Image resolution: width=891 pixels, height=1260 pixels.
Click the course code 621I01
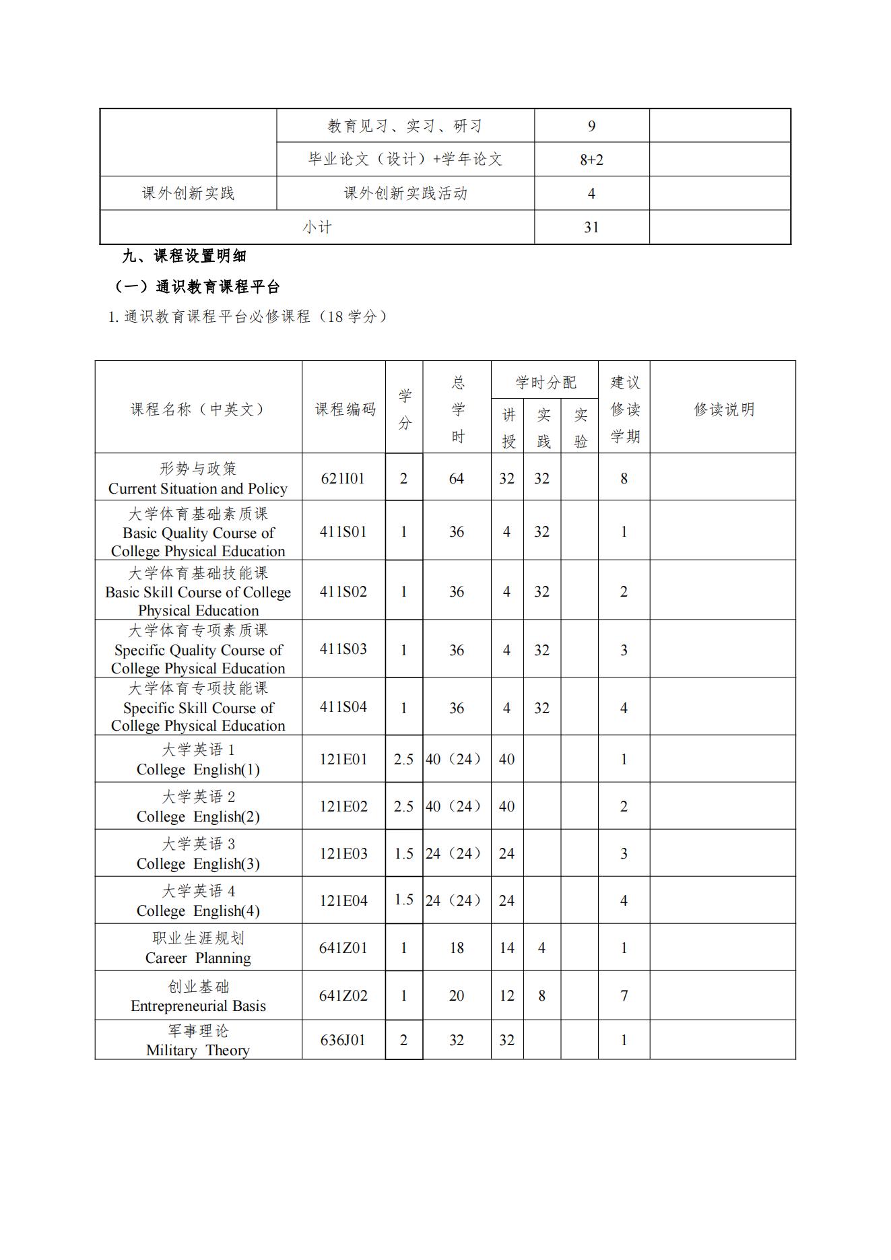point(343,479)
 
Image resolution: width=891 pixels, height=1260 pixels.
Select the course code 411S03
point(343,649)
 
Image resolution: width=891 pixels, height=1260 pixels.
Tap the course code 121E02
point(343,806)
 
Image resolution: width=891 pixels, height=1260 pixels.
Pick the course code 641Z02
point(343,995)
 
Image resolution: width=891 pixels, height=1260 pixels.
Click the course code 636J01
point(343,1040)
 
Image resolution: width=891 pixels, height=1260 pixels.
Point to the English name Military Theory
point(198,1051)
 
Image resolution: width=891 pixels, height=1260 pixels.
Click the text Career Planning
point(198,958)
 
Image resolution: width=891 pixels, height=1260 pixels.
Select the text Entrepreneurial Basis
point(198,1006)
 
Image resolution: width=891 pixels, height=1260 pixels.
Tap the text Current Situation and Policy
point(198,489)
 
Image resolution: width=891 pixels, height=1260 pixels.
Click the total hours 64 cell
point(457,479)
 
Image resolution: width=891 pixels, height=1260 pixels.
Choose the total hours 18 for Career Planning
point(457,948)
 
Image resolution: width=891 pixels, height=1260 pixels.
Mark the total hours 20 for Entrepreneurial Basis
point(457,995)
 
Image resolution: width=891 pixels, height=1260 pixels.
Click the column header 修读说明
point(724,409)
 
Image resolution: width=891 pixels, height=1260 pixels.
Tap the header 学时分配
point(546,383)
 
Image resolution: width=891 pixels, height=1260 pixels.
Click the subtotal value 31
point(591,228)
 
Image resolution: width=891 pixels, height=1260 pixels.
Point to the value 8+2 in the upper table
point(591,160)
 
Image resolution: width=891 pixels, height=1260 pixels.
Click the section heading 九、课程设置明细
point(185,256)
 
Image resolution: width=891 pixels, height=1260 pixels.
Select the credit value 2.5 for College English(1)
point(403,759)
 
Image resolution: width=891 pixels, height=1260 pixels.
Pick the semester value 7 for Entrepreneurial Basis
point(624,995)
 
